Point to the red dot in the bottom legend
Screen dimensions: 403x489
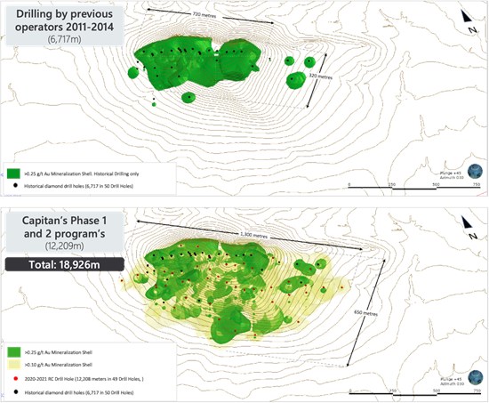pos(14,378)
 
